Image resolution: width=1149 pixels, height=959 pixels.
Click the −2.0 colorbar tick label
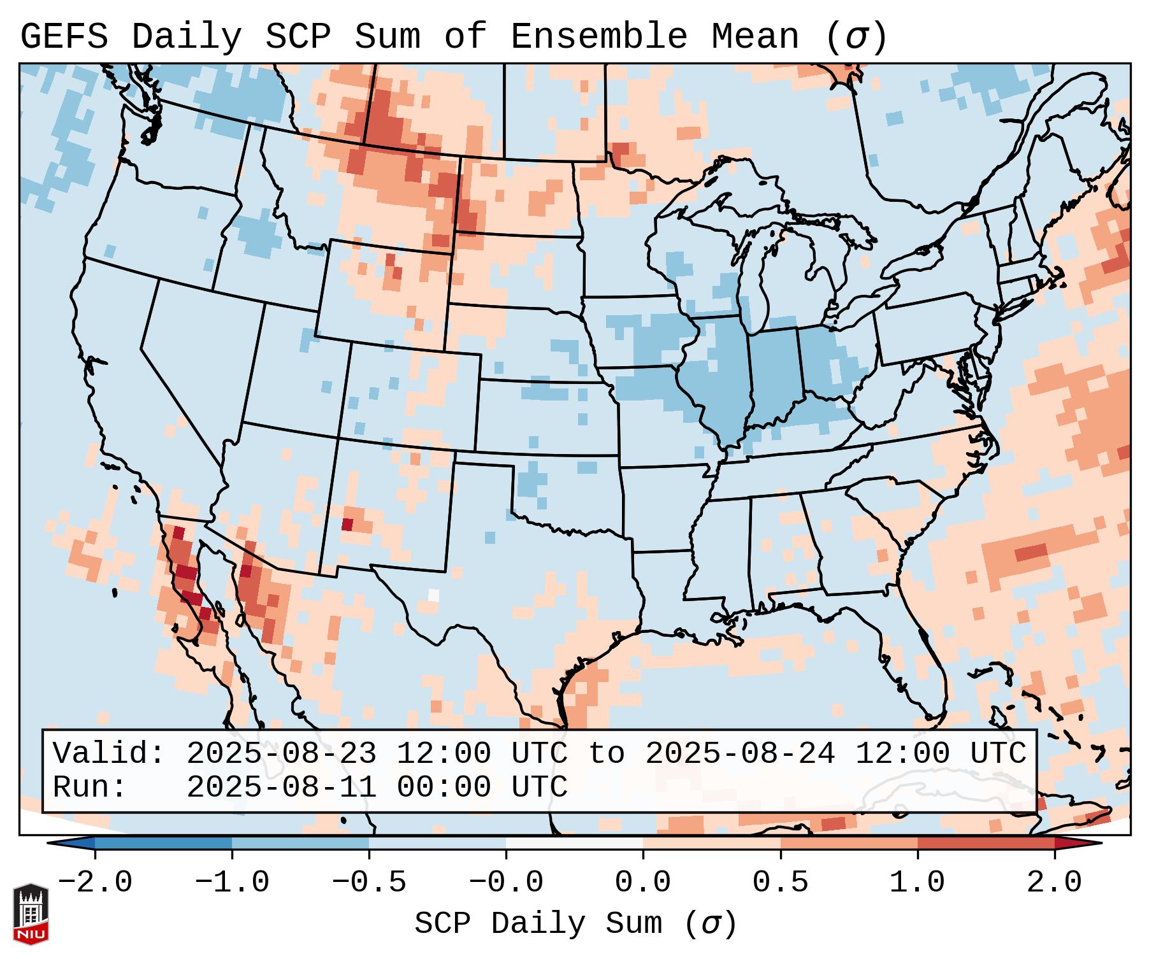[x=95, y=883]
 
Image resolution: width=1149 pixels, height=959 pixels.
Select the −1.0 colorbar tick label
[x=232, y=883]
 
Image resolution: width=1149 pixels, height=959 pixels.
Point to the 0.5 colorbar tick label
[x=780, y=883]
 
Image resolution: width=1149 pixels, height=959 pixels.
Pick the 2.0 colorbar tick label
[x=1054, y=883]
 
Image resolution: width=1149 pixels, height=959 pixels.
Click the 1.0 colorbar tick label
[x=917, y=883]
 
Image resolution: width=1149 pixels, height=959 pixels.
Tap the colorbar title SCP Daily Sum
[x=538, y=923]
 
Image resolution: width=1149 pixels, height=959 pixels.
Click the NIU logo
[x=31, y=914]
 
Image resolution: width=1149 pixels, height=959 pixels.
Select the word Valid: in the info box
[x=109, y=753]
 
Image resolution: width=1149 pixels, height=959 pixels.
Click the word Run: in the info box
[x=90, y=787]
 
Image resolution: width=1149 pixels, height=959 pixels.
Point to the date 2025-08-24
[x=740, y=753]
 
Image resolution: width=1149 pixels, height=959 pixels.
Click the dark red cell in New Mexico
[x=347, y=524]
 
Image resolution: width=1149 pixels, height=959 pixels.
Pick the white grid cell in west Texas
[x=434, y=595]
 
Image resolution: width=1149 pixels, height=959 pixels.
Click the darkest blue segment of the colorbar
[x=163, y=843]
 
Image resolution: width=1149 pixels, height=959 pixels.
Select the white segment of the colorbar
[x=574, y=843]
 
